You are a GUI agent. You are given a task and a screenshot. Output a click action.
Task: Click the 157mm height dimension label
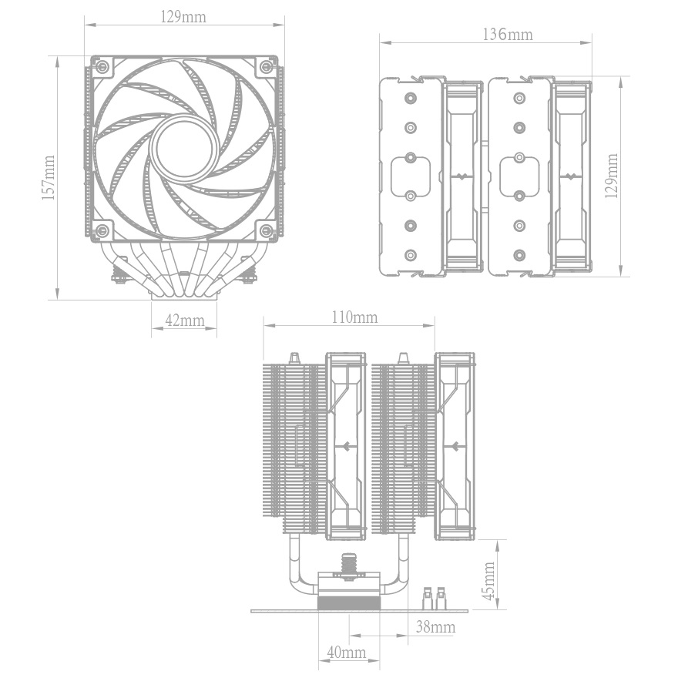[49, 178]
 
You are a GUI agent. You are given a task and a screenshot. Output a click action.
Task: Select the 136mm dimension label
[508, 35]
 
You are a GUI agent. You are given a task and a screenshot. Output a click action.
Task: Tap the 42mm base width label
[185, 321]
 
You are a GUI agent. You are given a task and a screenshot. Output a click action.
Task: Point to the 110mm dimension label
[354, 317]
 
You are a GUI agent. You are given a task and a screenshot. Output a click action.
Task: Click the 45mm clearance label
[488, 581]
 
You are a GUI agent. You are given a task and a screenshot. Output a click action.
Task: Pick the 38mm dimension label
[436, 626]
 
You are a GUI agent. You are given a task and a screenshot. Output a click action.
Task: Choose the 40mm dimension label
[347, 652]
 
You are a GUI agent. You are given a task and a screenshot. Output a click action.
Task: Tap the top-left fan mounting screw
[102, 66]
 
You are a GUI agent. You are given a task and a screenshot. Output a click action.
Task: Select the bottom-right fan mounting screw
[267, 231]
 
